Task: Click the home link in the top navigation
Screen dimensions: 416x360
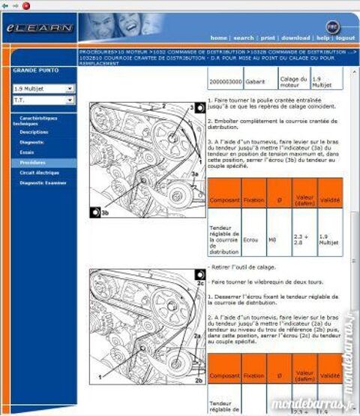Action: (218, 38)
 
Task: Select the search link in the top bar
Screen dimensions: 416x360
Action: (243, 38)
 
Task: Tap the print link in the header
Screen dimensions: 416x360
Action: (267, 38)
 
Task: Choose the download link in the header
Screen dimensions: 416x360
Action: (295, 38)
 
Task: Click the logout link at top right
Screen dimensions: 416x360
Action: (345, 38)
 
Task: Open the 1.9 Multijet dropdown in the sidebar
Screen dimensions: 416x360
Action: (43, 89)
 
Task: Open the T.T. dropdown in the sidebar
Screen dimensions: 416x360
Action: (43, 99)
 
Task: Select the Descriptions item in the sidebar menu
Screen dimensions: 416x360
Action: (34, 131)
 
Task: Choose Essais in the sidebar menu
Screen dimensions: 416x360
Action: (28, 152)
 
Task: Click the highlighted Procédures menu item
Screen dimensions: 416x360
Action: (33, 162)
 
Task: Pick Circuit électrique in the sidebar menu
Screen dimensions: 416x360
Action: (39, 172)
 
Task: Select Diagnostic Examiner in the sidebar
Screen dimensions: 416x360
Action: (42, 182)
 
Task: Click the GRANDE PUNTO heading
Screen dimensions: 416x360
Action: (34, 71)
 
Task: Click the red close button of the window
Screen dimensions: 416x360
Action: (26, 5)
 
